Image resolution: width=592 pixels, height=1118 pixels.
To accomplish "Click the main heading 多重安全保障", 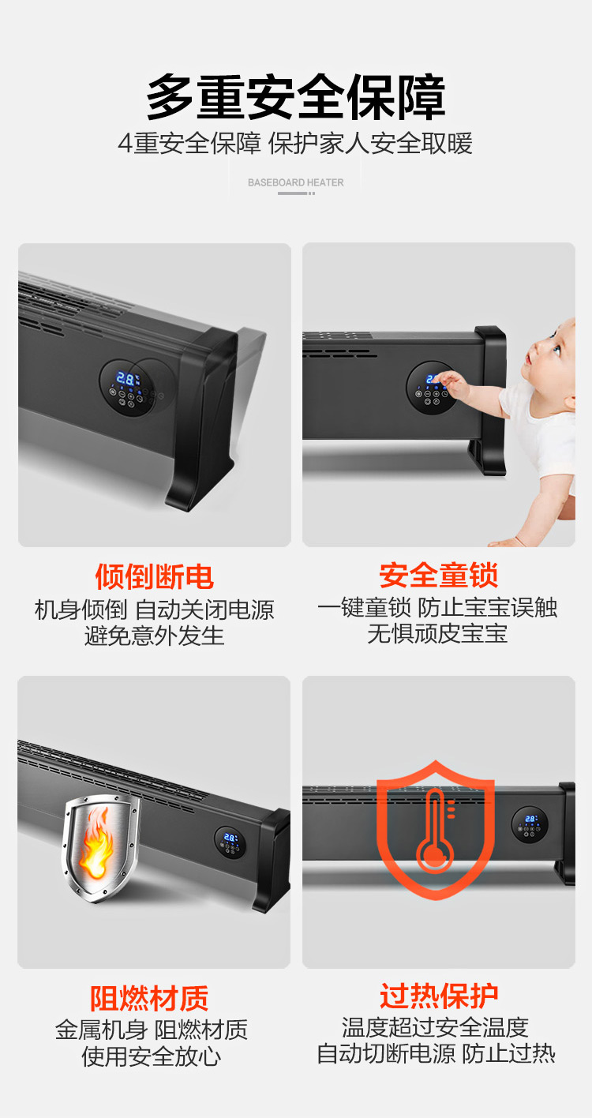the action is pyautogui.click(x=295, y=96).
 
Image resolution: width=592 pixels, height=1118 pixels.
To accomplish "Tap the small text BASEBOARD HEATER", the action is pyautogui.click(x=295, y=182).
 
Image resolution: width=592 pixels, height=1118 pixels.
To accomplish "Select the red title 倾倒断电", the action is pyautogui.click(x=154, y=577).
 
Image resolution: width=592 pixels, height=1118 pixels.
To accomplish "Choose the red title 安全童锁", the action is pyautogui.click(x=438, y=576).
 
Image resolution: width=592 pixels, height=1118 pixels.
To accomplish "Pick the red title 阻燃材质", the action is pyautogui.click(x=148, y=998).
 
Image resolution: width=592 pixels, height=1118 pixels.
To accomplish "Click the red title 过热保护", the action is pyautogui.click(x=439, y=996).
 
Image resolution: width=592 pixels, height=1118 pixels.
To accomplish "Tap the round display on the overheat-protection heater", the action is pyautogui.click(x=530, y=824).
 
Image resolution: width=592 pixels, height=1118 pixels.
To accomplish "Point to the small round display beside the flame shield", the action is pyautogui.click(x=230, y=843).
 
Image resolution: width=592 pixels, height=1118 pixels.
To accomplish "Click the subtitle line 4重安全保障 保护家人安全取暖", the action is pyautogui.click(x=295, y=144).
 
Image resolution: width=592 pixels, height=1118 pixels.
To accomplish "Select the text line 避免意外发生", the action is pyautogui.click(x=154, y=636).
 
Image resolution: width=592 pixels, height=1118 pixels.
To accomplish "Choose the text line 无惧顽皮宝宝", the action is pyautogui.click(x=438, y=634).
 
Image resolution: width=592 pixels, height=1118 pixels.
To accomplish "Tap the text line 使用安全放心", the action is pyautogui.click(x=152, y=1056).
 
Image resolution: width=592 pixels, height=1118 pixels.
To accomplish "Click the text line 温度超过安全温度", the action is pyautogui.click(x=435, y=1028).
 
